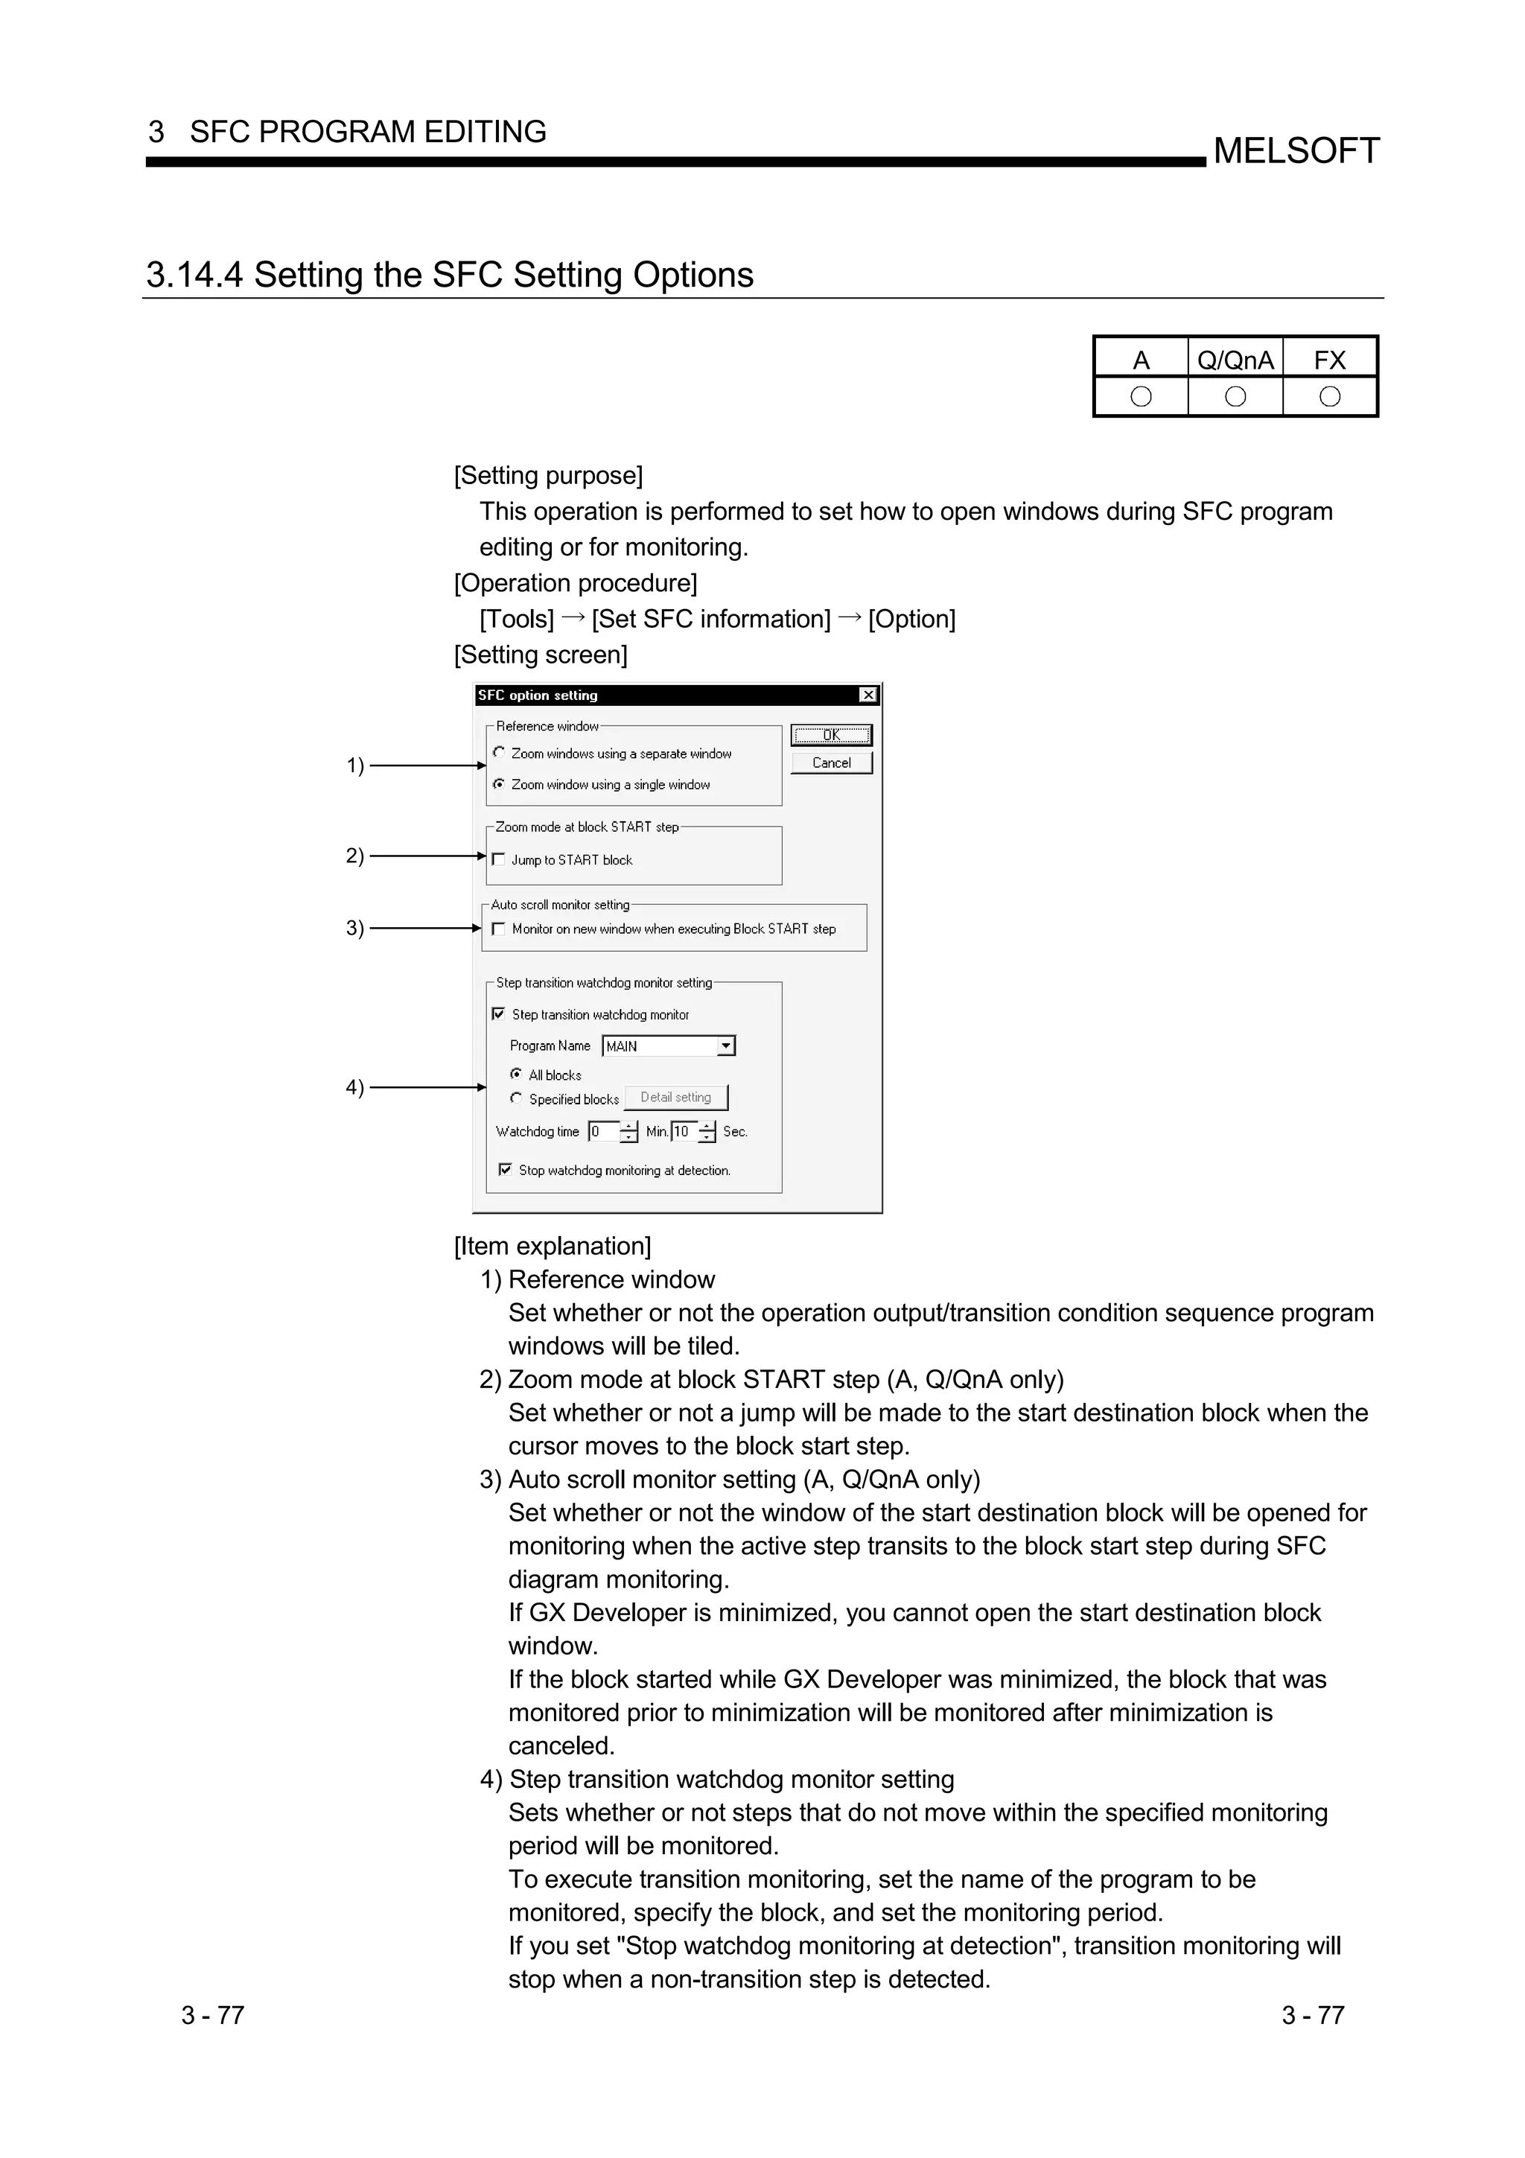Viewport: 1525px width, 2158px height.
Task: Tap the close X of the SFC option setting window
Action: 868,695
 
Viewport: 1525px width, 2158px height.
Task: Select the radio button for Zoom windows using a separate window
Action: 499,753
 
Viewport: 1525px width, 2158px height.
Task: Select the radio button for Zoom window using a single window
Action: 499,784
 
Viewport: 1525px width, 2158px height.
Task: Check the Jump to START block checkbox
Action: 499,859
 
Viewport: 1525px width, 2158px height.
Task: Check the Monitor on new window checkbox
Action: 499,929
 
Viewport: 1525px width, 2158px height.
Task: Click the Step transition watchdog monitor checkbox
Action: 499,1014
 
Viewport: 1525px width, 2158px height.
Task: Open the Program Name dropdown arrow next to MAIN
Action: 725,1046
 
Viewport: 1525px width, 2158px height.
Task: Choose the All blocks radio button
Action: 516,1075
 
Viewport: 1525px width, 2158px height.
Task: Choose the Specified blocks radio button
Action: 516,1098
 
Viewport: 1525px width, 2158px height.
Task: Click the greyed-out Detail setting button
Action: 675,1098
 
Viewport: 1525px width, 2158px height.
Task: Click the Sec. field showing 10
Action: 684,1132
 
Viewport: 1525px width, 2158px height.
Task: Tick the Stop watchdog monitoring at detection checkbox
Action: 506,1170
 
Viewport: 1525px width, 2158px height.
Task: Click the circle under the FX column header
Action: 1330,397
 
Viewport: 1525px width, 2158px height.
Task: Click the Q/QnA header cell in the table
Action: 1235,360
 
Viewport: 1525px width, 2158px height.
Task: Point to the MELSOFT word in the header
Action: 1296,151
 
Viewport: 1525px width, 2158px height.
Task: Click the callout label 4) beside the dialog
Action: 354,1087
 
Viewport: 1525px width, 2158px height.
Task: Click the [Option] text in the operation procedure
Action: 911,620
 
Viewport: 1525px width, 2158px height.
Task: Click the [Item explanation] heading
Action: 553,1247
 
